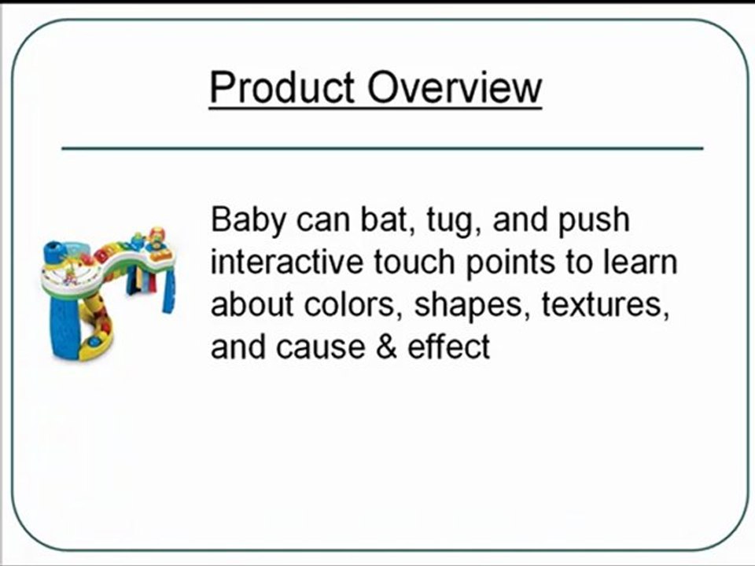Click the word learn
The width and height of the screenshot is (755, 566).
[x=641, y=263]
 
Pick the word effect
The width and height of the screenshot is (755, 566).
[x=448, y=346]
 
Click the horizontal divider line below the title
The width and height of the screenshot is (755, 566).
[x=382, y=148]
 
